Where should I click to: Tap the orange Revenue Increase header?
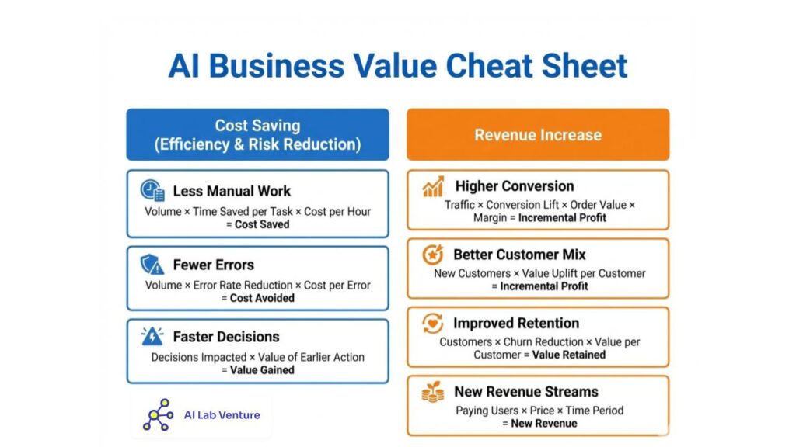coord(538,134)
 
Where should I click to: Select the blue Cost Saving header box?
coord(257,134)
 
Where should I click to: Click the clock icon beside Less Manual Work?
coord(152,191)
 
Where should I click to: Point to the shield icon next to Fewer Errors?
coord(152,265)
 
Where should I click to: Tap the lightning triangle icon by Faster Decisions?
coord(152,337)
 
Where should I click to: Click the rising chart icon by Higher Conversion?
coord(433,186)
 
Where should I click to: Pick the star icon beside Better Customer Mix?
coord(433,255)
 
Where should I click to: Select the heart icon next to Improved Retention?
coord(433,324)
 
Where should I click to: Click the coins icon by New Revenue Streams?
coord(433,392)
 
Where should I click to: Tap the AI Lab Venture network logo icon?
coord(158,414)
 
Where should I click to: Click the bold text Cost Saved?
coord(262,224)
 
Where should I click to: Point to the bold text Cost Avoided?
coord(262,298)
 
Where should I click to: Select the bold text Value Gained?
coord(262,370)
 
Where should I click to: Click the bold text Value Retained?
coord(568,355)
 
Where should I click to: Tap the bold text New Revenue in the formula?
coord(543,423)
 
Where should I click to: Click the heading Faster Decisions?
coord(226,337)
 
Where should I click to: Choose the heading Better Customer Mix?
coord(519,255)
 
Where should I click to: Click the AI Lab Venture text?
coord(222,414)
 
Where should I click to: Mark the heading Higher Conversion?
coord(515,186)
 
